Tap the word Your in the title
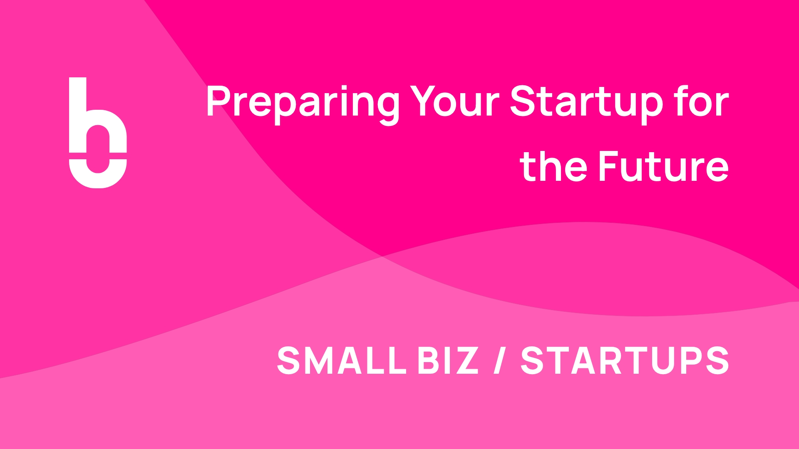click(454, 101)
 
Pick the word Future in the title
click(663, 166)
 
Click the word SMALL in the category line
click(341, 360)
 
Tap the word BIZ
click(448, 360)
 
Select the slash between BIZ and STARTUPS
click(499, 360)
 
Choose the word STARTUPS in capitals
click(625, 360)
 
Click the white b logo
click(98, 133)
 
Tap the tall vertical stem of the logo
click(77, 114)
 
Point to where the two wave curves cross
click(382, 257)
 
